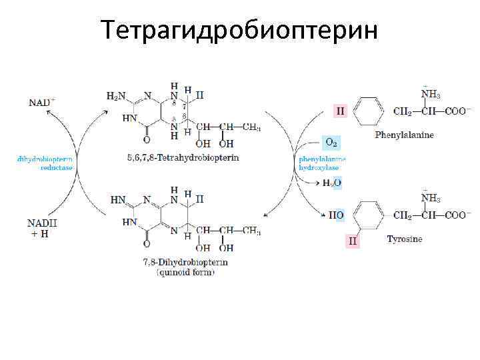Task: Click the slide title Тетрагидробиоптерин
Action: [x=239, y=30]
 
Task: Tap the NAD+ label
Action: [x=42, y=103]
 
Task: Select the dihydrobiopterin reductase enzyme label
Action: [x=46, y=164]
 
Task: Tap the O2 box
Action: [x=331, y=141]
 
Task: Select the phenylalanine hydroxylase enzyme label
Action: [x=322, y=164]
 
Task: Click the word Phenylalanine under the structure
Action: [x=404, y=135]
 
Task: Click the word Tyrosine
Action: [x=404, y=239]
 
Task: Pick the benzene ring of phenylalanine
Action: [x=368, y=111]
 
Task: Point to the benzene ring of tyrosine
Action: [x=368, y=215]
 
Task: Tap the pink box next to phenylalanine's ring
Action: [x=341, y=111]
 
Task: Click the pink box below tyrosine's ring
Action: [x=353, y=241]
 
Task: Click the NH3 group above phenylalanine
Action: [x=430, y=95]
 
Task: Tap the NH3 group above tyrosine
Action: [x=430, y=198]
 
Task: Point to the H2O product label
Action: [x=332, y=183]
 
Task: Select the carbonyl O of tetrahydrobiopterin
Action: [x=147, y=140]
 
